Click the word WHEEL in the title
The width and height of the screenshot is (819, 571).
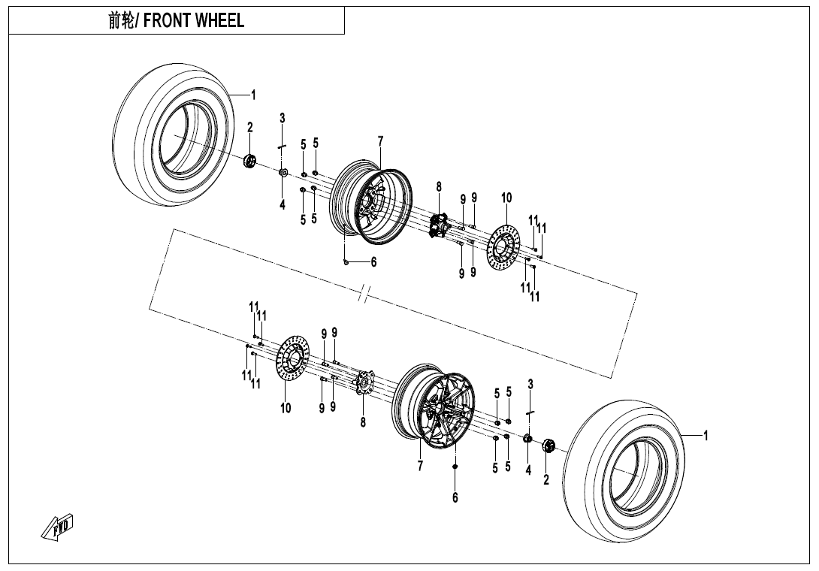coord(219,21)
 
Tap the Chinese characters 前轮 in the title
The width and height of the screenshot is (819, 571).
coord(120,21)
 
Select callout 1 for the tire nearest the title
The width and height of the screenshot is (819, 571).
coord(253,95)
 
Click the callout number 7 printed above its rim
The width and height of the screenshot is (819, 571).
coord(381,141)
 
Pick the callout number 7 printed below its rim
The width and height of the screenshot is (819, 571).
coord(421,466)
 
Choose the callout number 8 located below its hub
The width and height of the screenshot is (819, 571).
coord(362,423)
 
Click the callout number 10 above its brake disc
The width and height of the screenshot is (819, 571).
coord(506,198)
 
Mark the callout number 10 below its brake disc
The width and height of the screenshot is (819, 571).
coord(286,408)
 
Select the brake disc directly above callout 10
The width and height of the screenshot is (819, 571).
coord(294,361)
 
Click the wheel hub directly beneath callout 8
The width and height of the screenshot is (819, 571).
coord(438,225)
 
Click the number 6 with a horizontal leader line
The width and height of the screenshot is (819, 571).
coord(373,262)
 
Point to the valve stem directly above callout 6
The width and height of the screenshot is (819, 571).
coord(455,467)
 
